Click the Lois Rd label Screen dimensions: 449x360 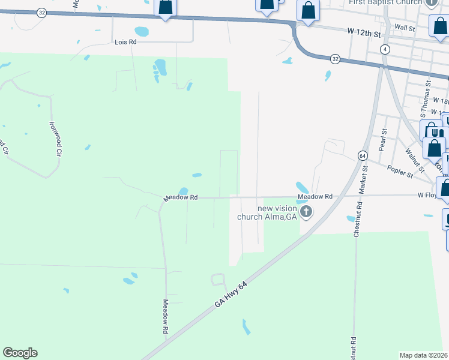(x=125, y=43)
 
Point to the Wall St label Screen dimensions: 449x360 (x=405, y=28)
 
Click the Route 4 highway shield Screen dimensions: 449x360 (x=385, y=49)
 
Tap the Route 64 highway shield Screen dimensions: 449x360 (x=362, y=155)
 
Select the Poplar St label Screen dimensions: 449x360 (x=400, y=172)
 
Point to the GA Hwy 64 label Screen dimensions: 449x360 (x=231, y=294)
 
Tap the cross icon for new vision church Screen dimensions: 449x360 (x=306, y=211)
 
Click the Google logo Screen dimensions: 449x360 (x=20, y=353)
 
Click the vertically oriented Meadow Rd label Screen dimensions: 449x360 (x=166, y=317)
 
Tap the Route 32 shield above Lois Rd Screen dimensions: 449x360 (x=41, y=13)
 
